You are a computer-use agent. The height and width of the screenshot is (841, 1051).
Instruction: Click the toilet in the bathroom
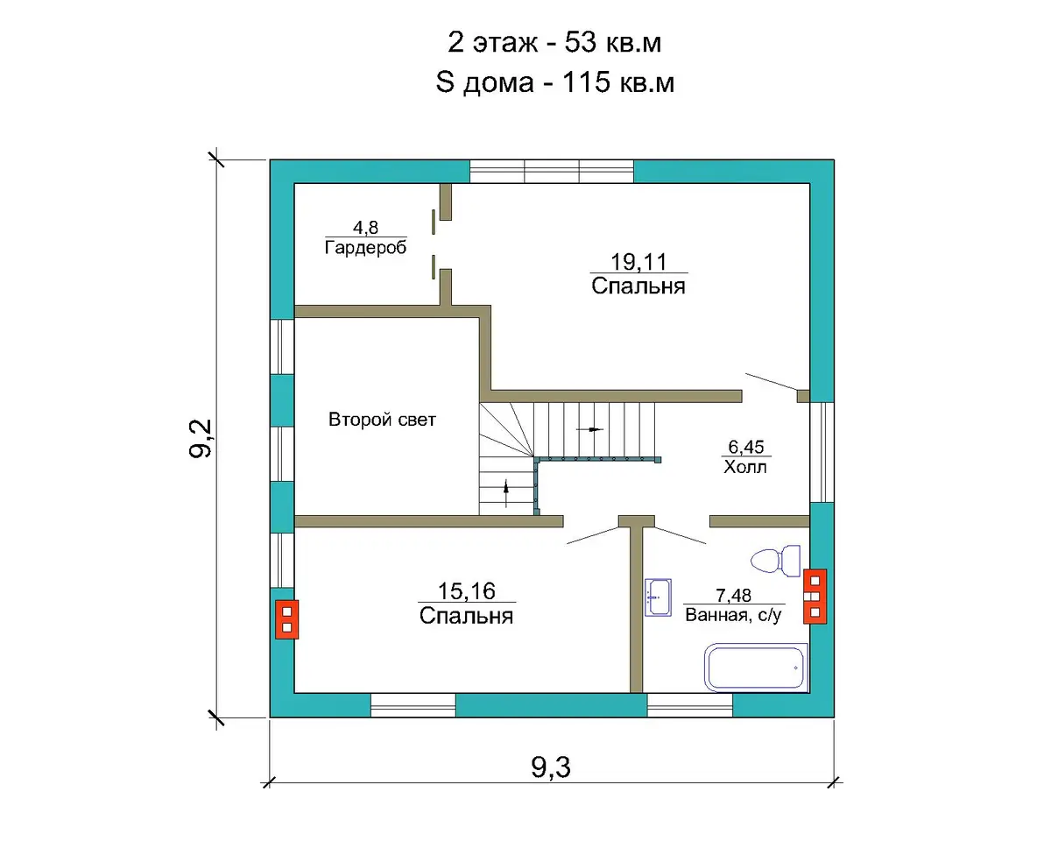pyautogui.click(x=775, y=561)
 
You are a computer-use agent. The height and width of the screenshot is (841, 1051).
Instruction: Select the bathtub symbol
pyautogui.click(x=756, y=668)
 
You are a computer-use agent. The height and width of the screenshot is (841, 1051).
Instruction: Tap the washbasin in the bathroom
pyautogui.click(x=658, y=597)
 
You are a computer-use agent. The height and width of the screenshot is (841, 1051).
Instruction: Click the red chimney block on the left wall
pyautogui.click(x=286, y=619)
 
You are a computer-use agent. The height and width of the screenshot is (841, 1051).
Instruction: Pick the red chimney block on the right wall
pyautogui.click(x=815, y=597)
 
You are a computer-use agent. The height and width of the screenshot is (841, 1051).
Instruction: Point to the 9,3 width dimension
pyautogui.click(x=550, y=767)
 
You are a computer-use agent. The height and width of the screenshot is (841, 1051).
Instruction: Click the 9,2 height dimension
pyautogui.click(x=201, y=438)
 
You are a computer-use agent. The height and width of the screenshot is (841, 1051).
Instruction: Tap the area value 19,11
pyautogui.click(x=638, y=262)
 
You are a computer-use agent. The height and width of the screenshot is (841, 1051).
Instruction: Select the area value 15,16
pyautogui.click(x=467, y=591)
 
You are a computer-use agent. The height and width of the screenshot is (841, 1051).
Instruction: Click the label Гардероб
pyautogui.click(x=365, y=248)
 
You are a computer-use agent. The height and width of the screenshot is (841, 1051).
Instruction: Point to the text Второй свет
pyautogui.click(x=382, y=420)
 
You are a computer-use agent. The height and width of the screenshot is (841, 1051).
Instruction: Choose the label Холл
pyautogui.click(x=745, y=467)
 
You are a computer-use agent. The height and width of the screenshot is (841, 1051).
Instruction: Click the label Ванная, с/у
pyautogui.click(x=734, y=615)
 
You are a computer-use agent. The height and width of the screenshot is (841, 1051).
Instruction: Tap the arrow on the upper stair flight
pyautogui.click(x=589, y=429)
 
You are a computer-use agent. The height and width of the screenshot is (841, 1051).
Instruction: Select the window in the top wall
pyautogui.click(x=552, y=171)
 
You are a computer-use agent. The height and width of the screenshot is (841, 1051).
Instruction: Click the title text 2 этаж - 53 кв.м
pyautogui.click(x=554, y=42)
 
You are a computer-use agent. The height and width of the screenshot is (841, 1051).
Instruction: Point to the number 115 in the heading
pyautogui.click(x=587, y=81)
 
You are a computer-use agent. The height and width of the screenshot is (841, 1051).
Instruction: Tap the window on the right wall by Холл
pyautogui.click(x=822, y=452)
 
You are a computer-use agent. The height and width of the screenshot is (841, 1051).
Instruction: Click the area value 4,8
pyautogui.click(x=365, y=227)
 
